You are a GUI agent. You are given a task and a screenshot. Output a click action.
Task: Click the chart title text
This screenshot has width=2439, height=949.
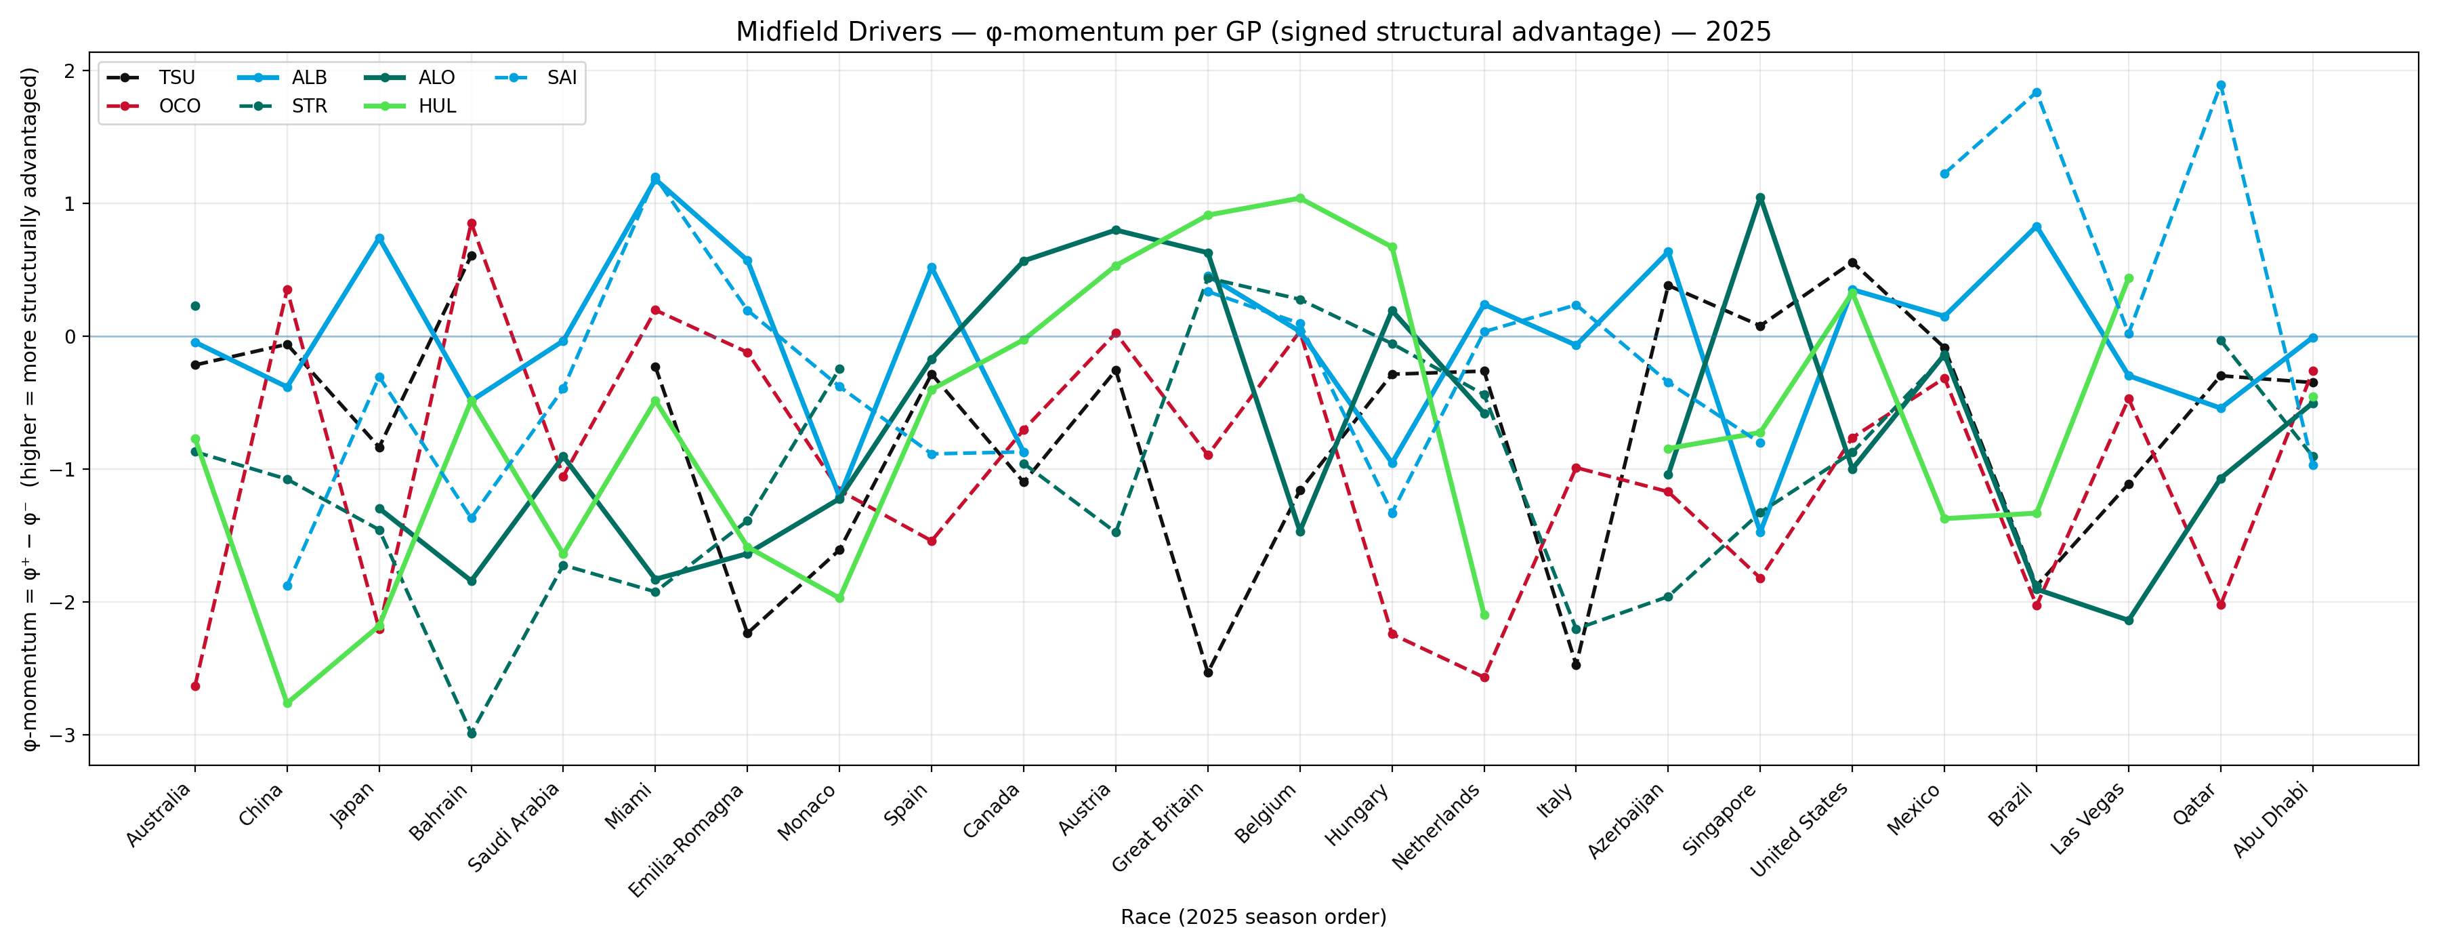point(1253,33)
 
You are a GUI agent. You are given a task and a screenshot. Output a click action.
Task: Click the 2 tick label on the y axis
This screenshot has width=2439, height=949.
point(69,71)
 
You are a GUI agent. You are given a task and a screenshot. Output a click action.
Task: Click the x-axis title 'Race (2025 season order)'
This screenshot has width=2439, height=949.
point(1253,916)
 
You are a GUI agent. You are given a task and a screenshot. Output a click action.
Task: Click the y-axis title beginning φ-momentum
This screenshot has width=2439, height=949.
point(30,408)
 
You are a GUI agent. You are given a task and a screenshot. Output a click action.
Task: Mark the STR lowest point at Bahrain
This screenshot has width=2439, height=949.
point(472,733)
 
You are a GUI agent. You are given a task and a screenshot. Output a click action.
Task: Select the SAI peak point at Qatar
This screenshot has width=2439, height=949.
point(2222,85)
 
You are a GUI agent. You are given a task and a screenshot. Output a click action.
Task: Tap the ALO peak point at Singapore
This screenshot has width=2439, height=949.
point(1760,198)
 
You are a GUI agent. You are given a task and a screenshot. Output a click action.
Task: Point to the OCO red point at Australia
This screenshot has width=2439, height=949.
point(195,686)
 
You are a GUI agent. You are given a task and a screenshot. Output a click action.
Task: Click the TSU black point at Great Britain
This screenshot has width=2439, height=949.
point(1208,672)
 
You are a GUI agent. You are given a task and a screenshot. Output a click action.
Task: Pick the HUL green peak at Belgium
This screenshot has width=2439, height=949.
point(1300,198)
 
